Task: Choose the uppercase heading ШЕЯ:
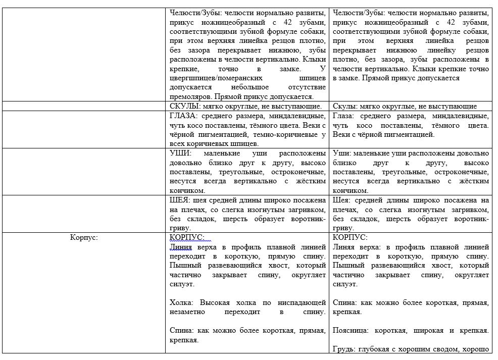click(x=181, y=200)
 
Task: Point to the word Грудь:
click(x=344, y=349)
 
